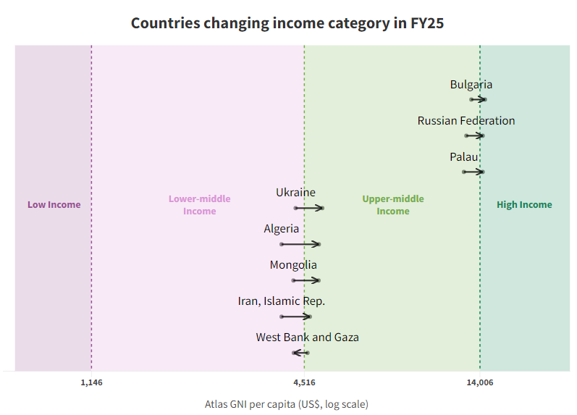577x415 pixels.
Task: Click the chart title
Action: tap(287, 23)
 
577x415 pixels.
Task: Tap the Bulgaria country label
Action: tap(471, 85)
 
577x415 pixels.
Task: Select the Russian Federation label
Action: tap(466, 121)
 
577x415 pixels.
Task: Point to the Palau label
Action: tap(464, 157)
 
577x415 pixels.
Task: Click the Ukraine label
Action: tap(295, 193)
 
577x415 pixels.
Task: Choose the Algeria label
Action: tap(281, 229)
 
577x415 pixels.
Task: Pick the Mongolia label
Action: tap(293, 265)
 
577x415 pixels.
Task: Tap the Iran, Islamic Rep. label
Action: tap(281, 301)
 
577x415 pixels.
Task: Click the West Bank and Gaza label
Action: tap(307, 338)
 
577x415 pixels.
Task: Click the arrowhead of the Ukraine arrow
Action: tap(319, 208)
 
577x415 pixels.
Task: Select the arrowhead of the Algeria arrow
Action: tap(316, 244)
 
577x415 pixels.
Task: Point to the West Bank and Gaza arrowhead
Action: tap(295, 353)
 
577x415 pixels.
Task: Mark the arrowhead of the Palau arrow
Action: tap(479, 172)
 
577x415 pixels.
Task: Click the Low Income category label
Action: tap(54, 204)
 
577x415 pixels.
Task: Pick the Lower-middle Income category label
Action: tap(199, 205)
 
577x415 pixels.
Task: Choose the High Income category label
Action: tap(524, 204)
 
